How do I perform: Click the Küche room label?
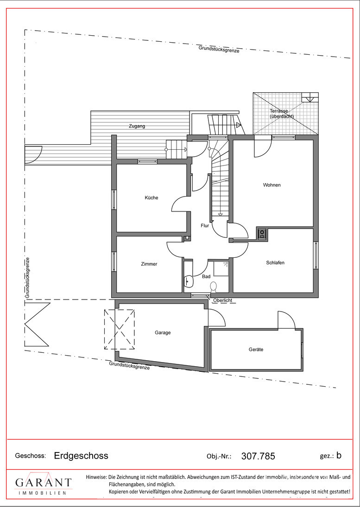click(152, 198)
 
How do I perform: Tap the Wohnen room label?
click(272, 185)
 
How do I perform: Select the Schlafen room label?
click(275, 262)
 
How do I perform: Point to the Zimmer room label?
click(149, 264)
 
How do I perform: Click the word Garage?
click(163, 333)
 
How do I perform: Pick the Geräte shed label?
click(256, 350)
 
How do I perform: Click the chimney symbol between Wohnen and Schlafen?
click(262, 233)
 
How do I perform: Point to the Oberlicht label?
click(222, 300)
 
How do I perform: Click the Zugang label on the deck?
click(137, 126)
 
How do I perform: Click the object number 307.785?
click(259, 456)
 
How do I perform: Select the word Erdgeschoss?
click(81, 455)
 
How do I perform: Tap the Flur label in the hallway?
click(205, 225)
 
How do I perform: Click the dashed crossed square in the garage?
click(120, 329)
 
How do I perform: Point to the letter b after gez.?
click(339, 455)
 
